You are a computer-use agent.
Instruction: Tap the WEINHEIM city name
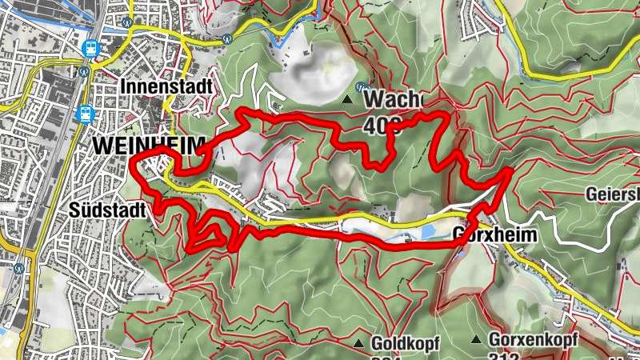tap(149, 145)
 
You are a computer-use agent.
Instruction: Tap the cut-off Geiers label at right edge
tap(611, 194)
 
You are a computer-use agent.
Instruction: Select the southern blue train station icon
tap(84, 114)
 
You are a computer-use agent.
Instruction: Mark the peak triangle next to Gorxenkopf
tap(478, 339)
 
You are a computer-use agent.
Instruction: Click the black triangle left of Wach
tap(347, 100)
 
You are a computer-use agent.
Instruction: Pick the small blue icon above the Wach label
tap(362, 86)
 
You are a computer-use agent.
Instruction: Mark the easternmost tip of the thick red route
tap(510, 170)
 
